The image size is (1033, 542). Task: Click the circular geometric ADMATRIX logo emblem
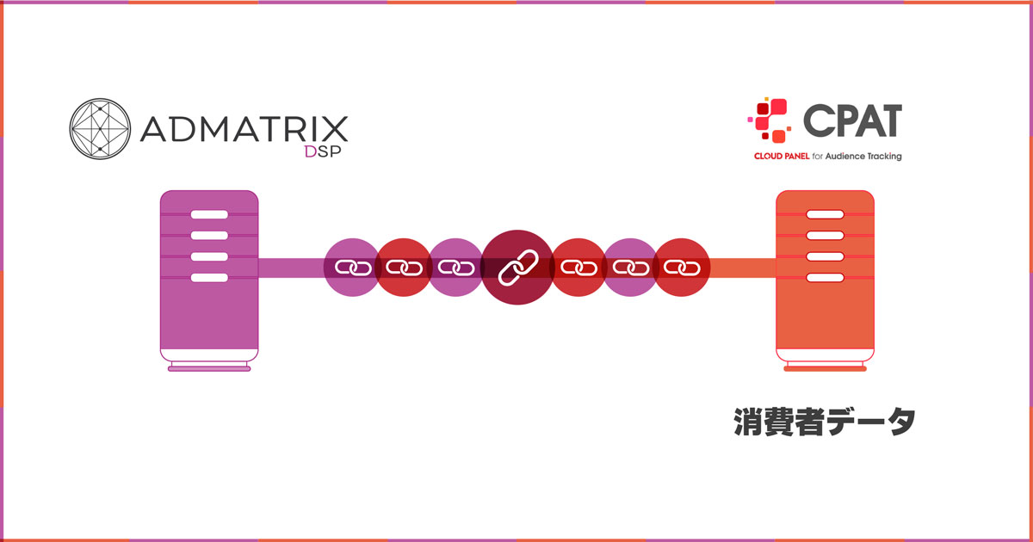100,128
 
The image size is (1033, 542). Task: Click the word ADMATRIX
244,129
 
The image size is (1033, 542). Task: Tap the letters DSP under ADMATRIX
323,151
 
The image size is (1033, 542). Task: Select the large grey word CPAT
853,120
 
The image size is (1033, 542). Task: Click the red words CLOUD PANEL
782,157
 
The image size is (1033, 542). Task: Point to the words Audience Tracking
863,157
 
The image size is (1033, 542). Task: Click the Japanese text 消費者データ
825,422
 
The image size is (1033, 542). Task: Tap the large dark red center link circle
517,268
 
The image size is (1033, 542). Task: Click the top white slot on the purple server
209,214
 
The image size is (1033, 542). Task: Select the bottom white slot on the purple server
209,277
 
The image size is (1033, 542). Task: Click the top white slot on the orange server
825,214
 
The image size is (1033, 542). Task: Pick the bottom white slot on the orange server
825,277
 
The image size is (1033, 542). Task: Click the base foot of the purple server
209,369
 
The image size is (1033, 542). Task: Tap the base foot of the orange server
825,369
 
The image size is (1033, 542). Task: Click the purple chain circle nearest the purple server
353,268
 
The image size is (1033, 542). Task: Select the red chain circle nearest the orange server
682,268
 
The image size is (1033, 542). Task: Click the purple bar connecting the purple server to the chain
291,268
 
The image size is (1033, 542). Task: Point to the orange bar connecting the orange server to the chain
743,268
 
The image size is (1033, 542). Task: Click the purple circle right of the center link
630,268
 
